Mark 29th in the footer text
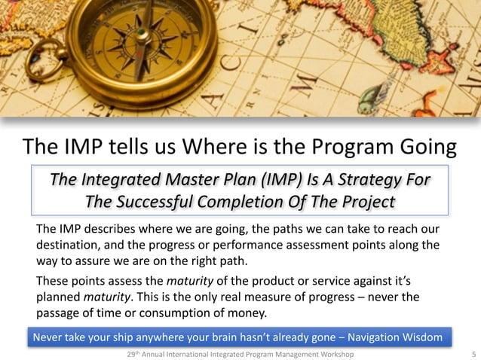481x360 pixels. pos(133,353)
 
